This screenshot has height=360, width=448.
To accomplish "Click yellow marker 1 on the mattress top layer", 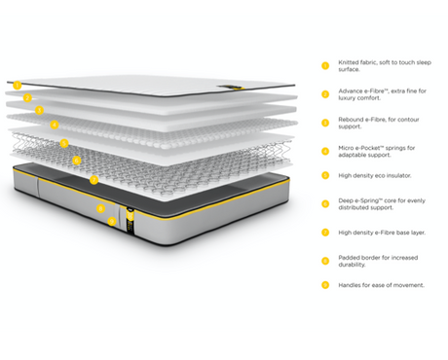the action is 18,85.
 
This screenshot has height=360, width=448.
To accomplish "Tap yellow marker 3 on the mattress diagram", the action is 39,111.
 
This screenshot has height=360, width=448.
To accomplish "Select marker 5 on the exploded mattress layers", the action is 64,143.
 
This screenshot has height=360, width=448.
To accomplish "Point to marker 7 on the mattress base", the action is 93,180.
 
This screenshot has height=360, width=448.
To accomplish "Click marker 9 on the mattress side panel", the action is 112,222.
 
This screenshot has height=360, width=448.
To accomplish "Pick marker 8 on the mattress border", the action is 100,208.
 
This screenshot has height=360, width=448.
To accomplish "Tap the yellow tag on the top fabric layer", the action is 226,90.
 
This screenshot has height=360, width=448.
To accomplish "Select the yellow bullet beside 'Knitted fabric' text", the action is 324,66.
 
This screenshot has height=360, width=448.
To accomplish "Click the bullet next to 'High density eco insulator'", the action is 324,176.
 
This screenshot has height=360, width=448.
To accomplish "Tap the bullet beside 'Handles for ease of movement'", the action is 324,285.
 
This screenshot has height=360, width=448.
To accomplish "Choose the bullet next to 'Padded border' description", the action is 324,261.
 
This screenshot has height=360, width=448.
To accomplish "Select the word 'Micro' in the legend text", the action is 347,148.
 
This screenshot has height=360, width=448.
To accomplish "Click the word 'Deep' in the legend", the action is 347,201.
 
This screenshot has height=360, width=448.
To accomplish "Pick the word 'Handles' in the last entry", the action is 351,285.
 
